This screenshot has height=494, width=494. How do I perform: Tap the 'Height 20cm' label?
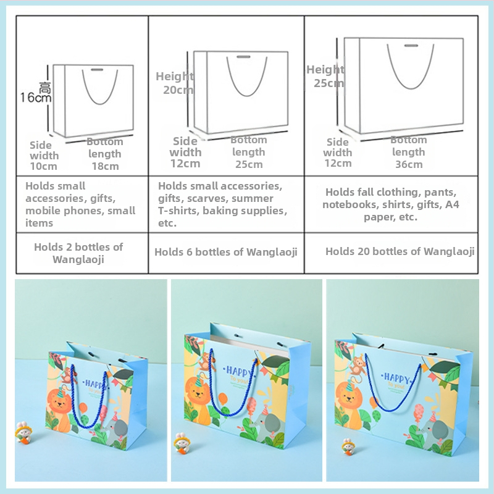(x=175, y=83)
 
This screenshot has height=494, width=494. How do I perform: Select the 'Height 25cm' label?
(x=325, y=76)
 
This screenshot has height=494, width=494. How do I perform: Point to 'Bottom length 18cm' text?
(x=105, y=154)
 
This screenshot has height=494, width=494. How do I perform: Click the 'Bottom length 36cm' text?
(x=409, y=152)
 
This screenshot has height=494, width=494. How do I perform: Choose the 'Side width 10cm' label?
(x=44, y=156)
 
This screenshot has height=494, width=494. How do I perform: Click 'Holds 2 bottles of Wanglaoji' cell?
(x=78, y=253)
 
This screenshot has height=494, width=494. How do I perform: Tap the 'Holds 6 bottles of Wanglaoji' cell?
(x=226, y=252)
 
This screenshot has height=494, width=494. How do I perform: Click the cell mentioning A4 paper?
(x=391, y=204)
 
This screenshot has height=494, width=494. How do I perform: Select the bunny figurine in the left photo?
(x=23, y=431)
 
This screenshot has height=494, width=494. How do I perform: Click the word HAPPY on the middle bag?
(x=239, y=372)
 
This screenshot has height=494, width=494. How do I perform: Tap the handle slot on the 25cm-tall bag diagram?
(x=411, y=46)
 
